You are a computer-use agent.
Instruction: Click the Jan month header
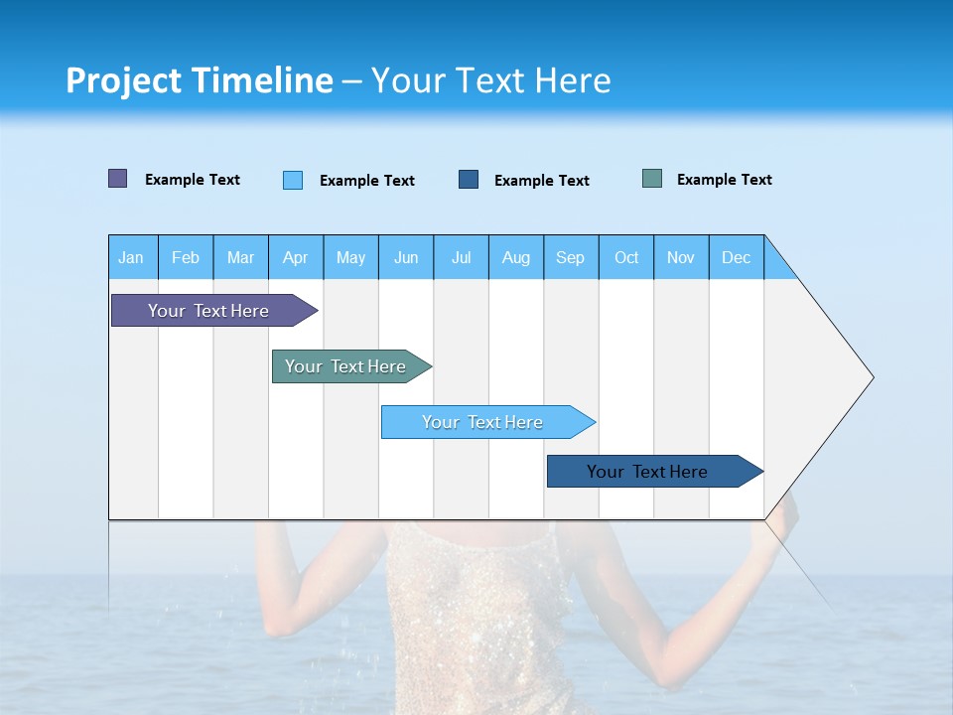pyautogui.click(x=132, y=257)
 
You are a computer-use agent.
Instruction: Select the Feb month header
pyautogui.click(x=186, y=257)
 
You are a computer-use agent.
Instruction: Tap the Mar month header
pyautogui.click(x=240, y=257)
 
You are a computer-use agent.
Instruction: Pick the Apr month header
pyautogui.click(x=296, y=257)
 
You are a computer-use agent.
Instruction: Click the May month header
pyautogui.click(x=350, y=257)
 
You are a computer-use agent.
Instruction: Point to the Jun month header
pyautogui.click(x=406, y=257)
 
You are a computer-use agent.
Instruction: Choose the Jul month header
pyautogui.click(x=461, y=257)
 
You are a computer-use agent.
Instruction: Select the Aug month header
pyautogui.click(x=516, y=257)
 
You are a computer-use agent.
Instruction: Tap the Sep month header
pyautogui.click(x=571, y=257)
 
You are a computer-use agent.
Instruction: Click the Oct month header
pyautogui.click(x=626, y=257)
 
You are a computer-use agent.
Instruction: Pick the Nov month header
pyautogui.click(x=681, y=257)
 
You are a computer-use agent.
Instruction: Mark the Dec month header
pyautogui.click(x=737, y=257)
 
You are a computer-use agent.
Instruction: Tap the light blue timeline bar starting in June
pyautogui.click(x=483, y=422)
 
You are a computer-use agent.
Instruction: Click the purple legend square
pyautogui.click(x=118, y=179)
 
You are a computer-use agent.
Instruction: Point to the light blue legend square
pyautogui.click(x=293, y=180)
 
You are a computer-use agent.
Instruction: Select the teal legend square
pyautogui.click(x=652, y=179)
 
